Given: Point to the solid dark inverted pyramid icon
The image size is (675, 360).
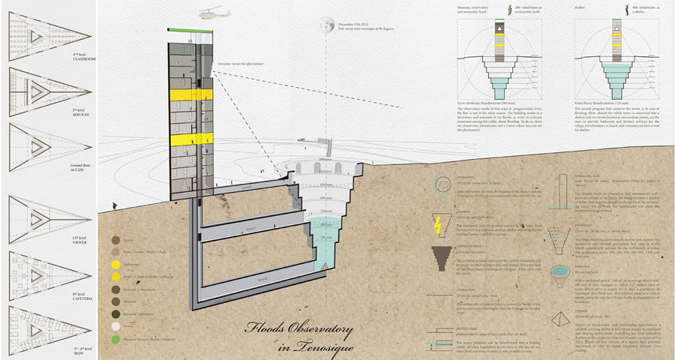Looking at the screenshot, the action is [x=439, y=259].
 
